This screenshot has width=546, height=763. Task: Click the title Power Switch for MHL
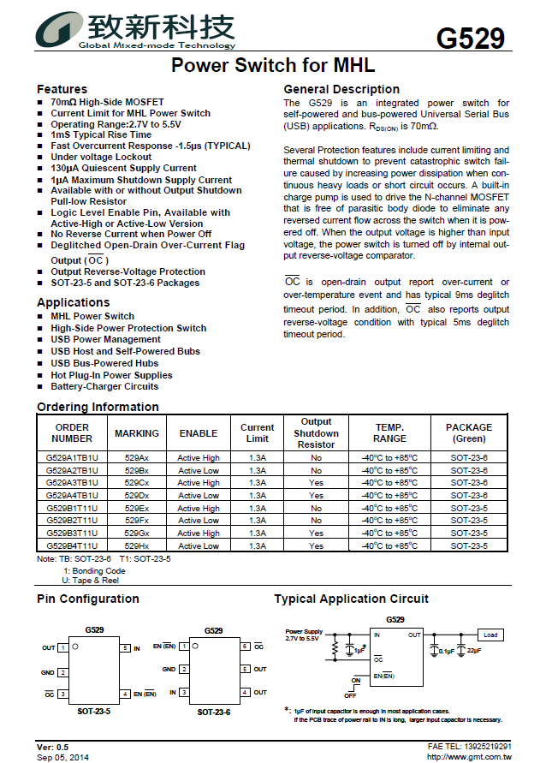coord(273,65)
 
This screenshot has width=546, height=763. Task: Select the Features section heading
coord(62,89)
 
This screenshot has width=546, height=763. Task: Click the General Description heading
coord(341,89)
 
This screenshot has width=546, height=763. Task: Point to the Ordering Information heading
coord(98,407)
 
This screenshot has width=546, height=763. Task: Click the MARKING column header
coord(137,433)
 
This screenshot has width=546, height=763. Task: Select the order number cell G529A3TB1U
coord(72,483)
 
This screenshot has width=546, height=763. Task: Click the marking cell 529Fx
coord(137,521)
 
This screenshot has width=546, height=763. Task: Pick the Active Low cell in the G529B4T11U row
coord(199,545)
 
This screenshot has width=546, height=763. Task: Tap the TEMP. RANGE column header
coord(389,432)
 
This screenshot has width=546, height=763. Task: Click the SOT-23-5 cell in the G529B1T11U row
coord(469,508)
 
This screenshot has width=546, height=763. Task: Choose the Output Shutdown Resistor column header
coord(316,432)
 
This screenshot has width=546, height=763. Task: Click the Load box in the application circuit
coord(490,635)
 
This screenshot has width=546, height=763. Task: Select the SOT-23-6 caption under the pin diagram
coord(214,712)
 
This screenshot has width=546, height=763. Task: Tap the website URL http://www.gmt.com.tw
coord(469,757)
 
